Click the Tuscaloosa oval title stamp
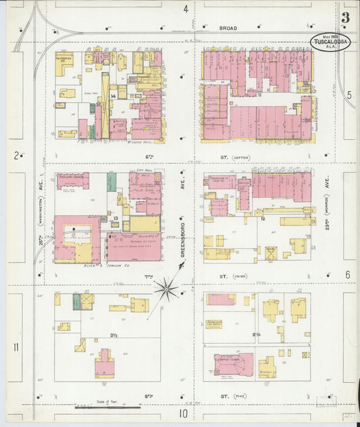pyautogui.click(x=330, y=42)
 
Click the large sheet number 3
pyautogui.click(x=345, y=18)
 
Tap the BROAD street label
pyautogui.click(x=228, y=28)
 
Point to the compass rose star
pyautogui.click(x=165, y=290)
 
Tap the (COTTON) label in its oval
pyautogui.click(x=241, y=157)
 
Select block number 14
pyautogui.click(x=114, y=97)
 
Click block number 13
pyautogui.click(x=116, y=218)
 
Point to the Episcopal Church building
pyautogui.click(x=72, y=181)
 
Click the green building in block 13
pyautogui.click(x=111, y=181)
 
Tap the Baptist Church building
pyautogui.click(x=233, y=363)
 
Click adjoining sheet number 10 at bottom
pyautogui.click(x=182, y=413)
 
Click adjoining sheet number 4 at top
pyautogui.click(x=185, y=9)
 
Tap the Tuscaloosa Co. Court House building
pyautogui.click(x=220, y=182)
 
